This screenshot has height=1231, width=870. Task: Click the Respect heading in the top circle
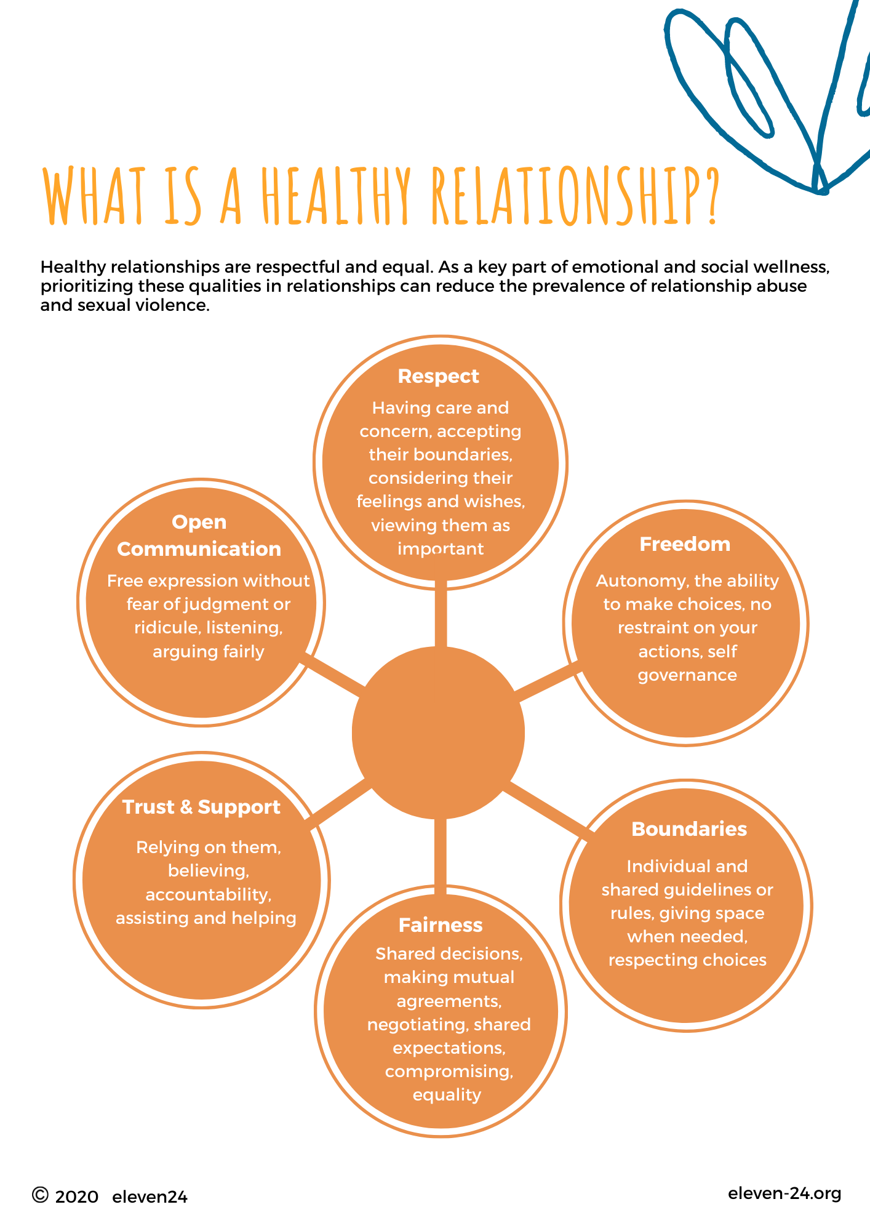(438, 376)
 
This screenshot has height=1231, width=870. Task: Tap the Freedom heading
(685, 544)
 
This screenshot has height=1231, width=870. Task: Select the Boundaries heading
(689, 829)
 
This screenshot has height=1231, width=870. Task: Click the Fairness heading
(441, 925)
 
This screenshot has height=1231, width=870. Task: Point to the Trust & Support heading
(201, 807)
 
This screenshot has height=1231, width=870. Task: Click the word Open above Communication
(199, 522)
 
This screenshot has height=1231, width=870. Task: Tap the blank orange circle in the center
(438, 732)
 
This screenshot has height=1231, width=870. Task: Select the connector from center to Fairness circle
(440, 852)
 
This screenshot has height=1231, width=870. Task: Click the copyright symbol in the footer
(40, 1195)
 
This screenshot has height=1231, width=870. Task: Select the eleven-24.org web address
(784, 1193)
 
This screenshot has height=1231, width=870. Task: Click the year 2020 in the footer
(77, 1197)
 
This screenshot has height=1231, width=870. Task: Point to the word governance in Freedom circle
(687, 675)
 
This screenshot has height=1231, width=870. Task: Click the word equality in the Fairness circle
(447, 1095)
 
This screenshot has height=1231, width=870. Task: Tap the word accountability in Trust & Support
(209, 894)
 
